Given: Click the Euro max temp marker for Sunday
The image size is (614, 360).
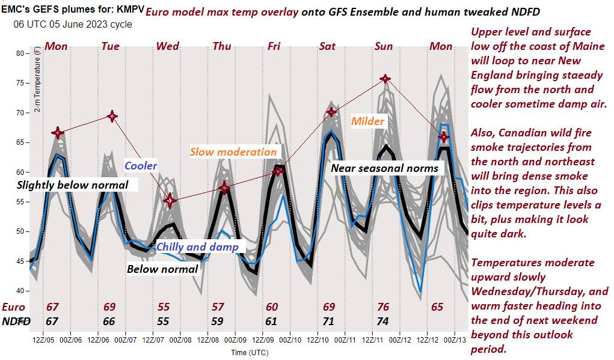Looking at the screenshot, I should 385,79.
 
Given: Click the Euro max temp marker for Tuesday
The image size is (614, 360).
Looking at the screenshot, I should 112,116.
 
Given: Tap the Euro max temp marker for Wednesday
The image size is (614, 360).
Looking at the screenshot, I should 170,201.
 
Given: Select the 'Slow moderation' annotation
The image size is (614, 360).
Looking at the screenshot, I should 233,151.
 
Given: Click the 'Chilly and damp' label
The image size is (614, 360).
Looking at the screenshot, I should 197,246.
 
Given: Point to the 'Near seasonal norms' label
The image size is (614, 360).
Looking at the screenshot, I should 385,168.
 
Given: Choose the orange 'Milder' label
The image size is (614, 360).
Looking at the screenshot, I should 368,121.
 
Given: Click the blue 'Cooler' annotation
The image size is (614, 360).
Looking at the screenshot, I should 141,165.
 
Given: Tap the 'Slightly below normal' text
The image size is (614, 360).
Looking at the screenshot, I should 72,185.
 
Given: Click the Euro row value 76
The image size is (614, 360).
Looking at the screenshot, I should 383,307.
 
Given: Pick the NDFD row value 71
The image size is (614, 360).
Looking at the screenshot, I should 328,321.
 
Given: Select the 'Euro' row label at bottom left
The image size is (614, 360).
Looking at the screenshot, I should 14,307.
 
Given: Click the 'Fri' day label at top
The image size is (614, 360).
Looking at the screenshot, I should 274,46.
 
